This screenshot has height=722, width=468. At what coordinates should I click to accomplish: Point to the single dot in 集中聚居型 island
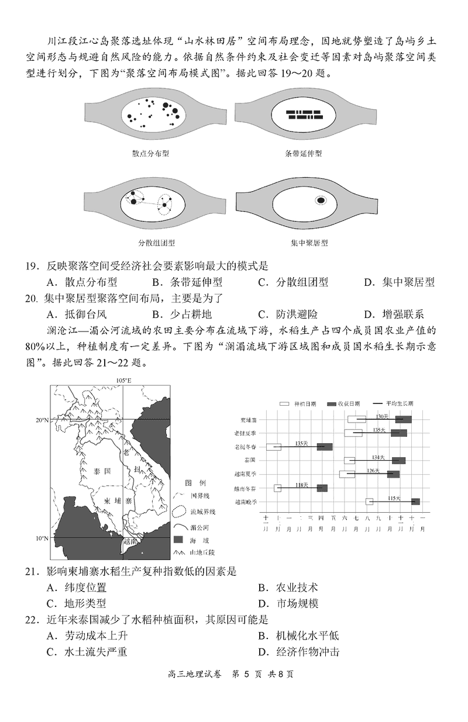321,201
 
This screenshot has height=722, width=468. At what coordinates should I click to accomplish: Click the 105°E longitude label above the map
123,381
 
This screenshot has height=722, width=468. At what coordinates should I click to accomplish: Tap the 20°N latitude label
41,420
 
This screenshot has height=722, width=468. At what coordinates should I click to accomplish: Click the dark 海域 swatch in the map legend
181,538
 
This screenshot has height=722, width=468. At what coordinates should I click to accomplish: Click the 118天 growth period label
301,485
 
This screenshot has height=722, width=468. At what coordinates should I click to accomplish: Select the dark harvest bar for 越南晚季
415,502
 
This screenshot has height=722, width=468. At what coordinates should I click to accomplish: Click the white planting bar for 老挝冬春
273,447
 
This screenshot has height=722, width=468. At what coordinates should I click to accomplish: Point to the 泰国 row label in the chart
249,461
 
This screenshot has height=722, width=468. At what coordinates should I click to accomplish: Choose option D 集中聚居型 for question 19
399,282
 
